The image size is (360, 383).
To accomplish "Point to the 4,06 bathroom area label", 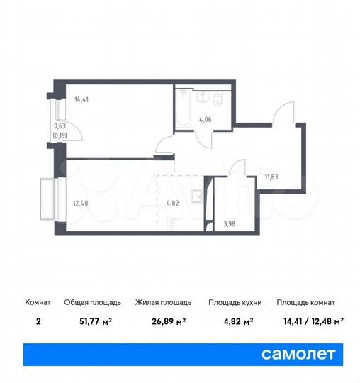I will coord(206,119).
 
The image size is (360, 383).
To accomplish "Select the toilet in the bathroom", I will coord(219,96).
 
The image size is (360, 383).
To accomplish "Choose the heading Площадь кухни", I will coord(235,302).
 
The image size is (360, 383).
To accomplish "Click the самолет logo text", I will coord(299,353).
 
